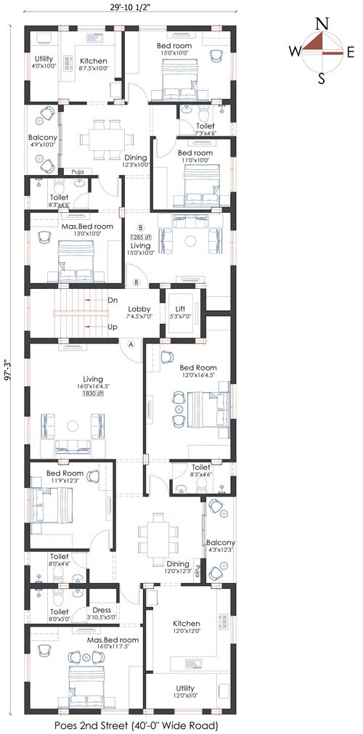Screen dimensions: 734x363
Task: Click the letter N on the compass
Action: tap(321, 23)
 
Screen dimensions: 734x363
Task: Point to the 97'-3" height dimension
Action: tap(8, 368)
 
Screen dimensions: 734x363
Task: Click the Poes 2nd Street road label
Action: tap(135, 725)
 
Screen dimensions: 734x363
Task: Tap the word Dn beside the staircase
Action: tap(113, 300)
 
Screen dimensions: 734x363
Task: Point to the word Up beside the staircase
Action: tap(113, 327)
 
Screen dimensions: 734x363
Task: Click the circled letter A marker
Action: tap(131, 345)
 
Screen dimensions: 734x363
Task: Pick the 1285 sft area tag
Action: tap(141, 237)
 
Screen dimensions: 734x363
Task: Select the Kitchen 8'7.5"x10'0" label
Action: tap(94, 64)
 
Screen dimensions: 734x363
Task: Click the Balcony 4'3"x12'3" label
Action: tap(220, 547)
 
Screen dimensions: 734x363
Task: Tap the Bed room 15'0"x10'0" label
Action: tap(175, 49)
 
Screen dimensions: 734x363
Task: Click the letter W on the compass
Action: tap(295, 51)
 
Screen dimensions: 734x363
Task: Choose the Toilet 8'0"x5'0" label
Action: tap(59, 595)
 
